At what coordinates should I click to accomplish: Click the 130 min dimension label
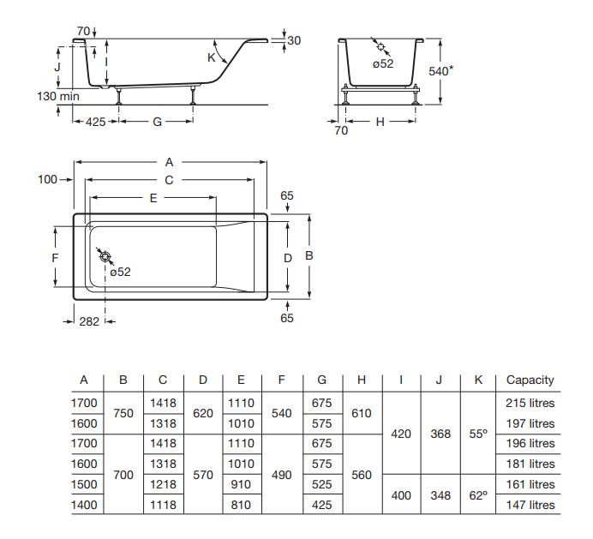pyautogui.click(x=58, y=96)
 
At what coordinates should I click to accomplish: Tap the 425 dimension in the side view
pyautogui.click(x=96, y=122)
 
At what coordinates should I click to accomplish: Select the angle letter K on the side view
pyautogui.click(x=212, y=57)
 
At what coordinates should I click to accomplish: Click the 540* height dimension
pyautogui.click(x=441, y=71)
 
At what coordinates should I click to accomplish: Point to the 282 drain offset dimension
pyautogui.click(x=89, y=321)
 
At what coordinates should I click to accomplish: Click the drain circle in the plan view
pyautogui.click(x=105, y=256)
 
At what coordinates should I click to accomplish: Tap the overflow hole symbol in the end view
pyautogui.click(x=380, y=46)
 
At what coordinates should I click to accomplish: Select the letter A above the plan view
pyautogui.click(x=169, y=162)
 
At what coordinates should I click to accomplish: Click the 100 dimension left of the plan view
pyautogui.click(x=48, y=179)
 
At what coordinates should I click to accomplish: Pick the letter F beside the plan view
pyautogui.click(x=55, y=258)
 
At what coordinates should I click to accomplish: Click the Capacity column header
pyautogui.click(x=530, y=380)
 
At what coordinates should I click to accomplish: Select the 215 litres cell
pyautogui.click(x=530, y=403)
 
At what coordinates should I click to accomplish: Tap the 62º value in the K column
pyautogui.click(x=478, y=495)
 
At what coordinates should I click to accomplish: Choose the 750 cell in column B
pyautogui.click(x=123, y=413)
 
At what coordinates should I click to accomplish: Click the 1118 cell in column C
pyautogui.click(x=163, y=505)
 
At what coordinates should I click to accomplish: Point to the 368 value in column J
pyautogui.click(x=440, y=434)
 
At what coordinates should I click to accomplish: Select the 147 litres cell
pyautogui.click(x=530, y=505)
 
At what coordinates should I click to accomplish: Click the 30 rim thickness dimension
pyautogui.click(x=294, y=40)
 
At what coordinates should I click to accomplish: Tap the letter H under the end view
pyautogui.click(x=380, y=122)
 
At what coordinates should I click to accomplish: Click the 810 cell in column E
pyautogui.click(x=241, y=505)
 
